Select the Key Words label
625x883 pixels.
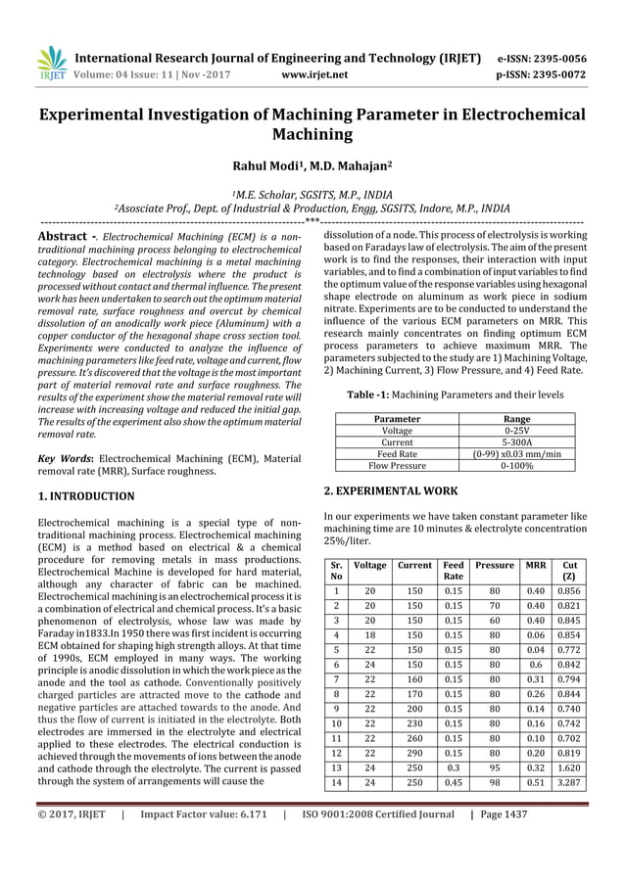[66, 457]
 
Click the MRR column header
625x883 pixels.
[536, 566]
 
